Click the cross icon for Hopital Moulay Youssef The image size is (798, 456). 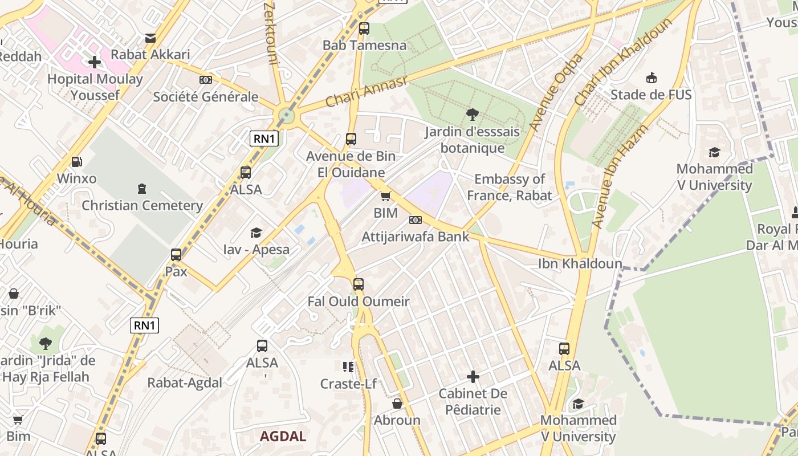click(95, 62)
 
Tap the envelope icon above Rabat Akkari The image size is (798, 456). click(150, 38)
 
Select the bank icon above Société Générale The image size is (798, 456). click(206, 80)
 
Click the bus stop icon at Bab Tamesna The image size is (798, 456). click(364, 28)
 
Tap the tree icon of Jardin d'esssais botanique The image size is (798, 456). click(472, 115)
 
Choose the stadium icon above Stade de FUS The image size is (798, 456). click(651, 78)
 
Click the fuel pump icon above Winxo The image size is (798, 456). click(76, 162)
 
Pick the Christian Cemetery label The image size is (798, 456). click(142, 205)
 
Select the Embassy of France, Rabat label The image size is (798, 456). click(509, 188)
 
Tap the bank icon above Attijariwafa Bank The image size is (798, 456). click(416, 220)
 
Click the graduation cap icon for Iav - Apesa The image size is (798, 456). click(256, 233)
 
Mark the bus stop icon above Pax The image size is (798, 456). click(176, 254)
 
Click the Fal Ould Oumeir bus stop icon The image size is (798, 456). click(359, 284)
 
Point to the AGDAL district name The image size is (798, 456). click(283, 437)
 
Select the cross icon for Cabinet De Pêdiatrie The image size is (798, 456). click(473, 377)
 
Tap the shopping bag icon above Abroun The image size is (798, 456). click(397, 404)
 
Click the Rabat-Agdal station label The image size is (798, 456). click(185, 382)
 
